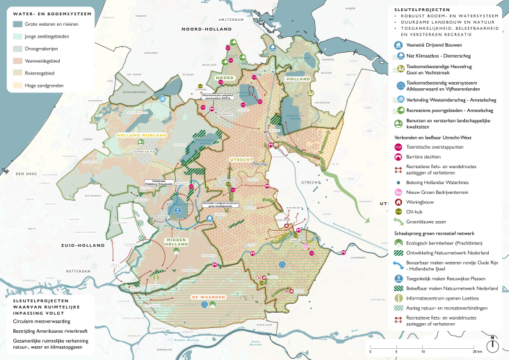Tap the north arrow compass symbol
(492, 343)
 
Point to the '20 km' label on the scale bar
(477, 352)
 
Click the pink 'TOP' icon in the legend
(399, 148)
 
